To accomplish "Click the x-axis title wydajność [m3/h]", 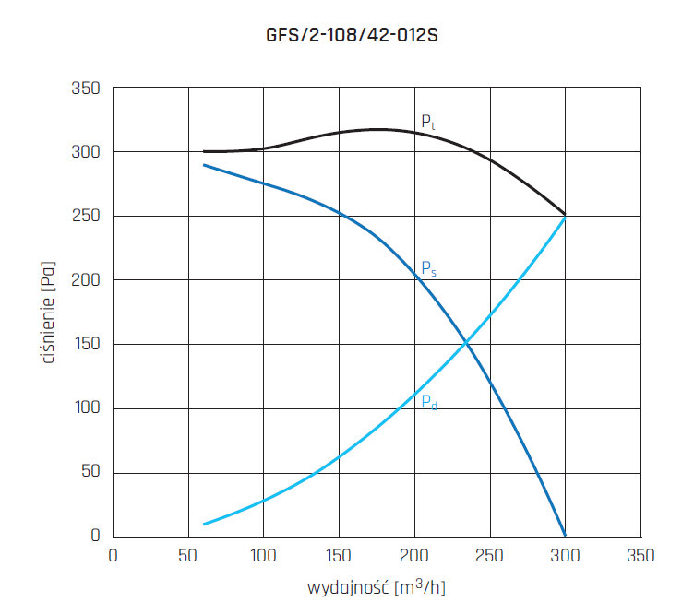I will coord(376,585).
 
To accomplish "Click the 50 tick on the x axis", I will coord(188,556).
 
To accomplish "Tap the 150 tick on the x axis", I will coord(339,556).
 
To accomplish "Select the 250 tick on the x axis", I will coord(489,556).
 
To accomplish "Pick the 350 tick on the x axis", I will coord(640,556).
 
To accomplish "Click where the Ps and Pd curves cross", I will coord(466,344).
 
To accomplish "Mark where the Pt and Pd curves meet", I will coord(564,216).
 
